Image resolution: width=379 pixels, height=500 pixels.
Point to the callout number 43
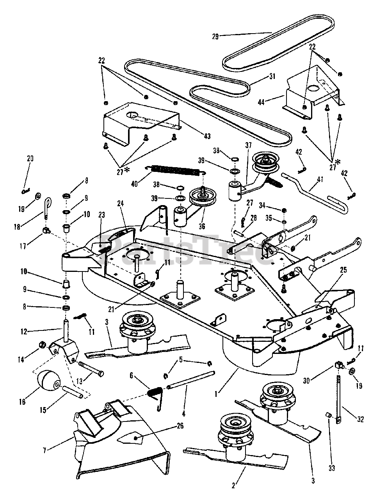(x=207, y=136)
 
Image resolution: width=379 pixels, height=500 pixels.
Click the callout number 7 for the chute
(x=45, y=450)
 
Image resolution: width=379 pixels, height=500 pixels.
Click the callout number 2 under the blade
(x=233, y=486)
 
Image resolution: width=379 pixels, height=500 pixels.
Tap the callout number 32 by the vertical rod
(x=360, y=420)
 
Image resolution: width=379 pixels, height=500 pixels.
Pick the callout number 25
(x=343, y=270)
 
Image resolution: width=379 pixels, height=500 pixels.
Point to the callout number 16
(x=23, y=402)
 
